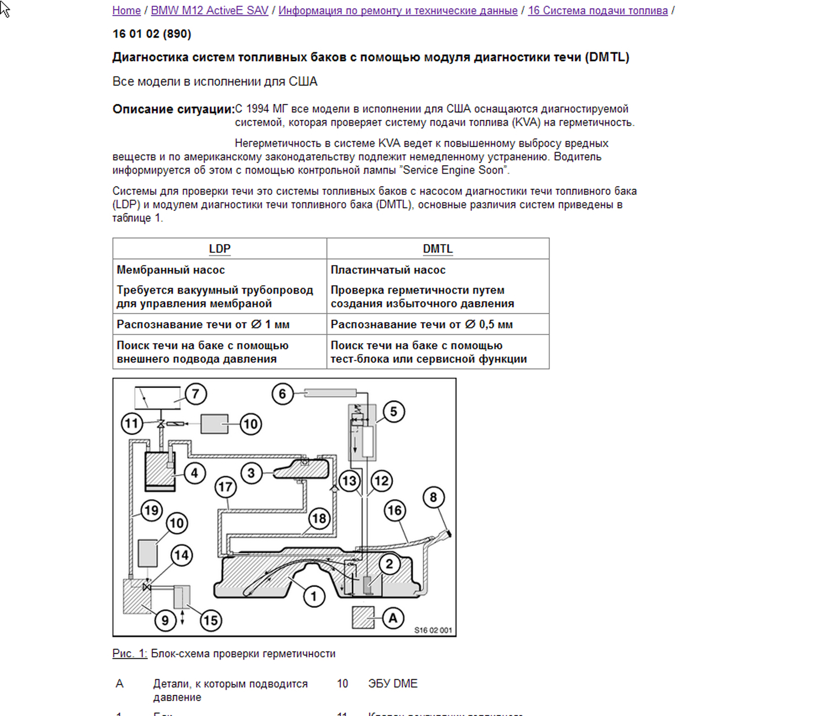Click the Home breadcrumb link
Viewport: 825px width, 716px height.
point(126,10)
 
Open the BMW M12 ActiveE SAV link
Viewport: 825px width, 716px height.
point(210,10)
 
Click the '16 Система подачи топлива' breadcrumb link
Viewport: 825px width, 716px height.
point(598,10)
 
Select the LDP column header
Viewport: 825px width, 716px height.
point(219,249)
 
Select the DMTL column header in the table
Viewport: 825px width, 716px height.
point(438,249)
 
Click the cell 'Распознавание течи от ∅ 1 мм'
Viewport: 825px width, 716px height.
point(203,324)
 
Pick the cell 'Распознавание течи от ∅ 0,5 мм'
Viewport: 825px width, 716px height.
point(421,324)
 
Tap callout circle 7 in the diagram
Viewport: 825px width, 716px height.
point(195,394)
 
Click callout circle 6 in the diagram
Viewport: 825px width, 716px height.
point(282,394)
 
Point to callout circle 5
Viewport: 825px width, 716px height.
point(393,412)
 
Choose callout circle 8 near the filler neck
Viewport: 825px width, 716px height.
point(433,497)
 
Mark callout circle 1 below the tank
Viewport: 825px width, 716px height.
point(314,596)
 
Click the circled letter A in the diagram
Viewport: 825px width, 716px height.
point(393,618)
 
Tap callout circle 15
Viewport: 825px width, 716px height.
point(210,620)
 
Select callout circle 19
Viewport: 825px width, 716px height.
point(151,510)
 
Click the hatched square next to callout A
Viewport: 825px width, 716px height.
point(363,617)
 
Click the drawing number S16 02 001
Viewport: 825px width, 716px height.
point(433,630)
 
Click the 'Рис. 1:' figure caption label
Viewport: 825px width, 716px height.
point(129,654)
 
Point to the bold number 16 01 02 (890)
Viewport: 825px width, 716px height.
point(152,34)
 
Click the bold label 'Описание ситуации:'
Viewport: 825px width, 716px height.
point(173,110)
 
